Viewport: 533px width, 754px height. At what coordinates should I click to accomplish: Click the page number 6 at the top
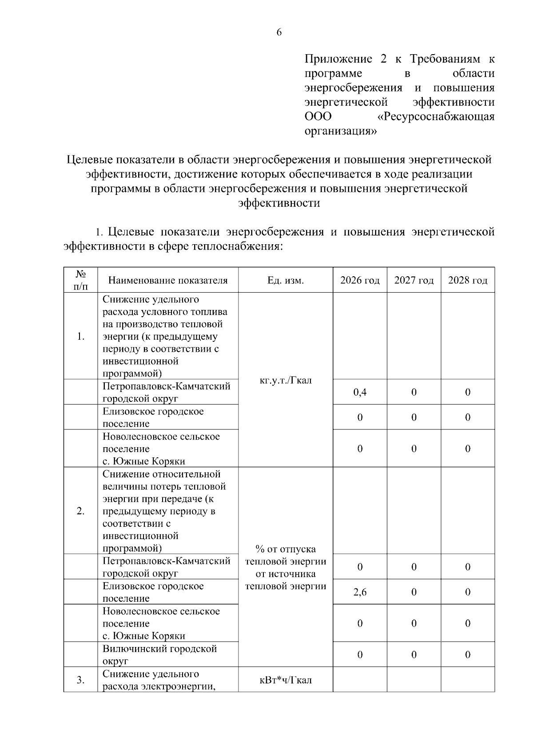pos(279,32)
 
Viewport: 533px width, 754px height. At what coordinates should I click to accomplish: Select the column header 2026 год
pos(360,280)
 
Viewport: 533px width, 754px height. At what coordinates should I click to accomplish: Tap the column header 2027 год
pos(414,280)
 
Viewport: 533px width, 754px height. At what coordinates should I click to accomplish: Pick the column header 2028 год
pos(468,280)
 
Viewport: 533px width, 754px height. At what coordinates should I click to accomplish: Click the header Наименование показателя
pos(168,280)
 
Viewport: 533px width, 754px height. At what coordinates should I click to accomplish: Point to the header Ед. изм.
pos(285,280)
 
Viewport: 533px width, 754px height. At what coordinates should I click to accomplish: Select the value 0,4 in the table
pos(360,392)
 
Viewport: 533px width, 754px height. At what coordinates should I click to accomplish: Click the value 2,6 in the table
pos(360,592)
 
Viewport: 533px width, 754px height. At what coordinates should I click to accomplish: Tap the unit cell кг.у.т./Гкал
pos(285,381)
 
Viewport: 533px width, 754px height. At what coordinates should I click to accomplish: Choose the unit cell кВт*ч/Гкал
pos(285,680)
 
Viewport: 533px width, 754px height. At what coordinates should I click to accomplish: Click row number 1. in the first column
pos(80,336)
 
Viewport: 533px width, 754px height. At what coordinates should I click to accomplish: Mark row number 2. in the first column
pos(80,511)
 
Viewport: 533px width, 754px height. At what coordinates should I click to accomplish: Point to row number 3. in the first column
pos(80,680)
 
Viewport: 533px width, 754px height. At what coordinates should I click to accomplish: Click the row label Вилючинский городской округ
pos(160,655)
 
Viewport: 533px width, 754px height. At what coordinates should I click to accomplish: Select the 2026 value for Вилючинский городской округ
pos(360,655)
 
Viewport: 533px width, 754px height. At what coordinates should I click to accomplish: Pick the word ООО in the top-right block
pos(318,117)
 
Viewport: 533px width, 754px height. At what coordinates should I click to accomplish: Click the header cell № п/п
pos(80,280)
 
